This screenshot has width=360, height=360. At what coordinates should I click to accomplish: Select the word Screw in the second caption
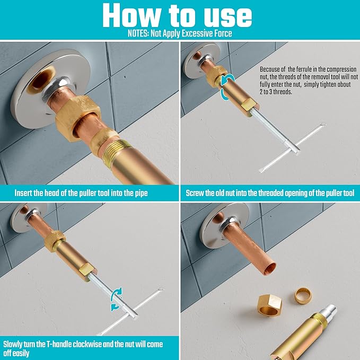[x=197, y=192]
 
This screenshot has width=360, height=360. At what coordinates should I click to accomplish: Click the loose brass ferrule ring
[x=304, y=294]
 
